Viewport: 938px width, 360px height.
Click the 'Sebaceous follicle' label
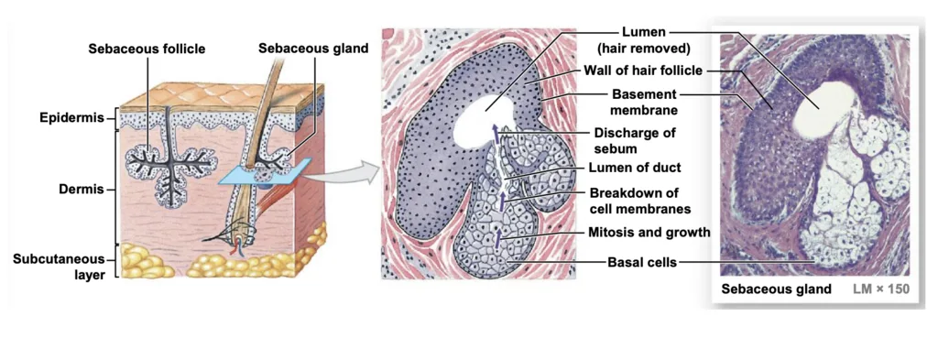pos(147,49)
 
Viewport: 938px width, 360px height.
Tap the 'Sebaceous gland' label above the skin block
pos(313,49)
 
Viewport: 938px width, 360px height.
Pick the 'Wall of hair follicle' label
pos(643,71)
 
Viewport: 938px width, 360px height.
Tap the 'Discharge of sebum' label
pos(634,139)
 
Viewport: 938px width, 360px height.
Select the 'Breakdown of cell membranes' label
pos(640,201)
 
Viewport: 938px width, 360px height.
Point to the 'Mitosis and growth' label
pos(649,232)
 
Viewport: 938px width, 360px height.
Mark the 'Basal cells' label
pos(642,262)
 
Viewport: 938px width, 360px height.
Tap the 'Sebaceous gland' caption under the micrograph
pos(776,289)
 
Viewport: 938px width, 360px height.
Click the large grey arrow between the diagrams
pos(344,172)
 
